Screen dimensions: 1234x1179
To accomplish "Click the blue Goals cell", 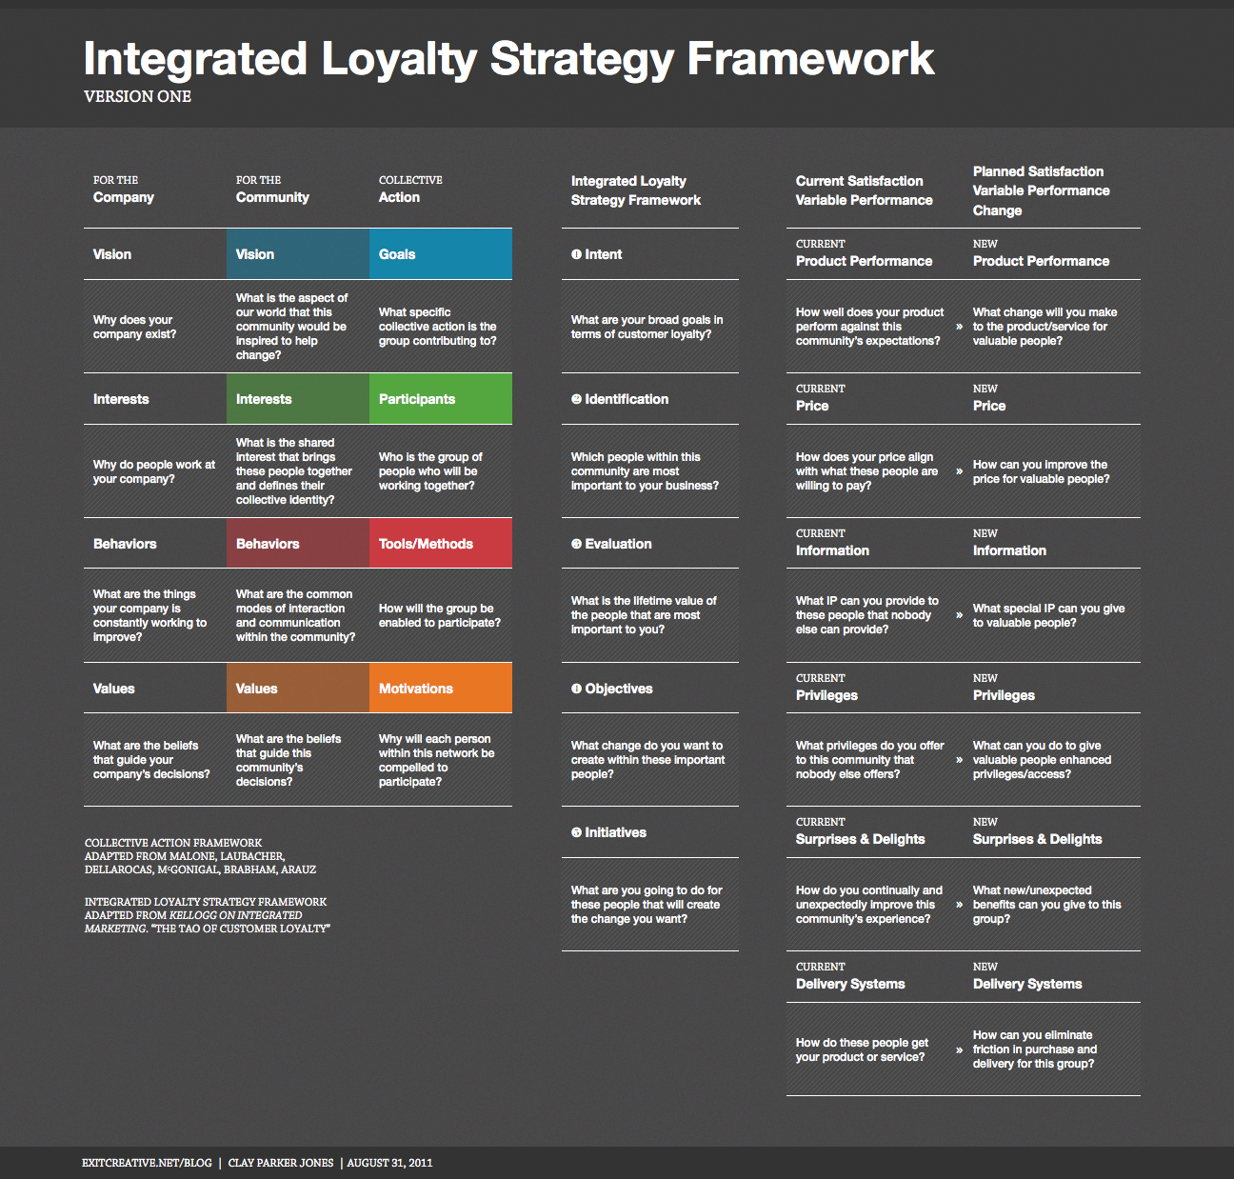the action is [441, 253].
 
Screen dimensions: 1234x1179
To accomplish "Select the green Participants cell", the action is [441, 398].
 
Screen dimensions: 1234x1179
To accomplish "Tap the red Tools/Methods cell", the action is [441, 543].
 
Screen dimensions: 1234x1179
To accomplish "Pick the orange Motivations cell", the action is [441, 688].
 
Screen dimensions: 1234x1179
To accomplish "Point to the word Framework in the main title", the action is [810, 58].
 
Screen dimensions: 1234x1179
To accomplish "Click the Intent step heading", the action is [597, 254].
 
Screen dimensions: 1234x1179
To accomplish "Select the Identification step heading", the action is [620, 399].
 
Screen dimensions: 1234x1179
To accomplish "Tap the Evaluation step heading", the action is [611, 544].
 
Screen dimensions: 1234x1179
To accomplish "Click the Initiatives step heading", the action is [608, 832].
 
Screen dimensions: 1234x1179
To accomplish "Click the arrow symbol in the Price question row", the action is [960, 471].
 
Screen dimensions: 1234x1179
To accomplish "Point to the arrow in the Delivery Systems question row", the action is [960, 1049].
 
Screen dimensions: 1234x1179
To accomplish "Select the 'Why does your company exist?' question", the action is [134, 327].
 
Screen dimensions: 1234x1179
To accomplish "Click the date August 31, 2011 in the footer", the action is [390, 1163].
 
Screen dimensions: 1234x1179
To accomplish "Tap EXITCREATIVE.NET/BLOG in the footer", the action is [147, 1163].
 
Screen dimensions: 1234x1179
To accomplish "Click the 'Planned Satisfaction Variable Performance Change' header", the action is [1042, 190].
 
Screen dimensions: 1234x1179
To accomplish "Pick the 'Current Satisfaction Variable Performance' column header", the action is [865, 190].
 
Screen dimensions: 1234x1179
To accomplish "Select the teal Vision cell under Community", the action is [298, 253].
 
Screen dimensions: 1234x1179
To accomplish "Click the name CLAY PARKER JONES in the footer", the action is [280, 1163].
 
